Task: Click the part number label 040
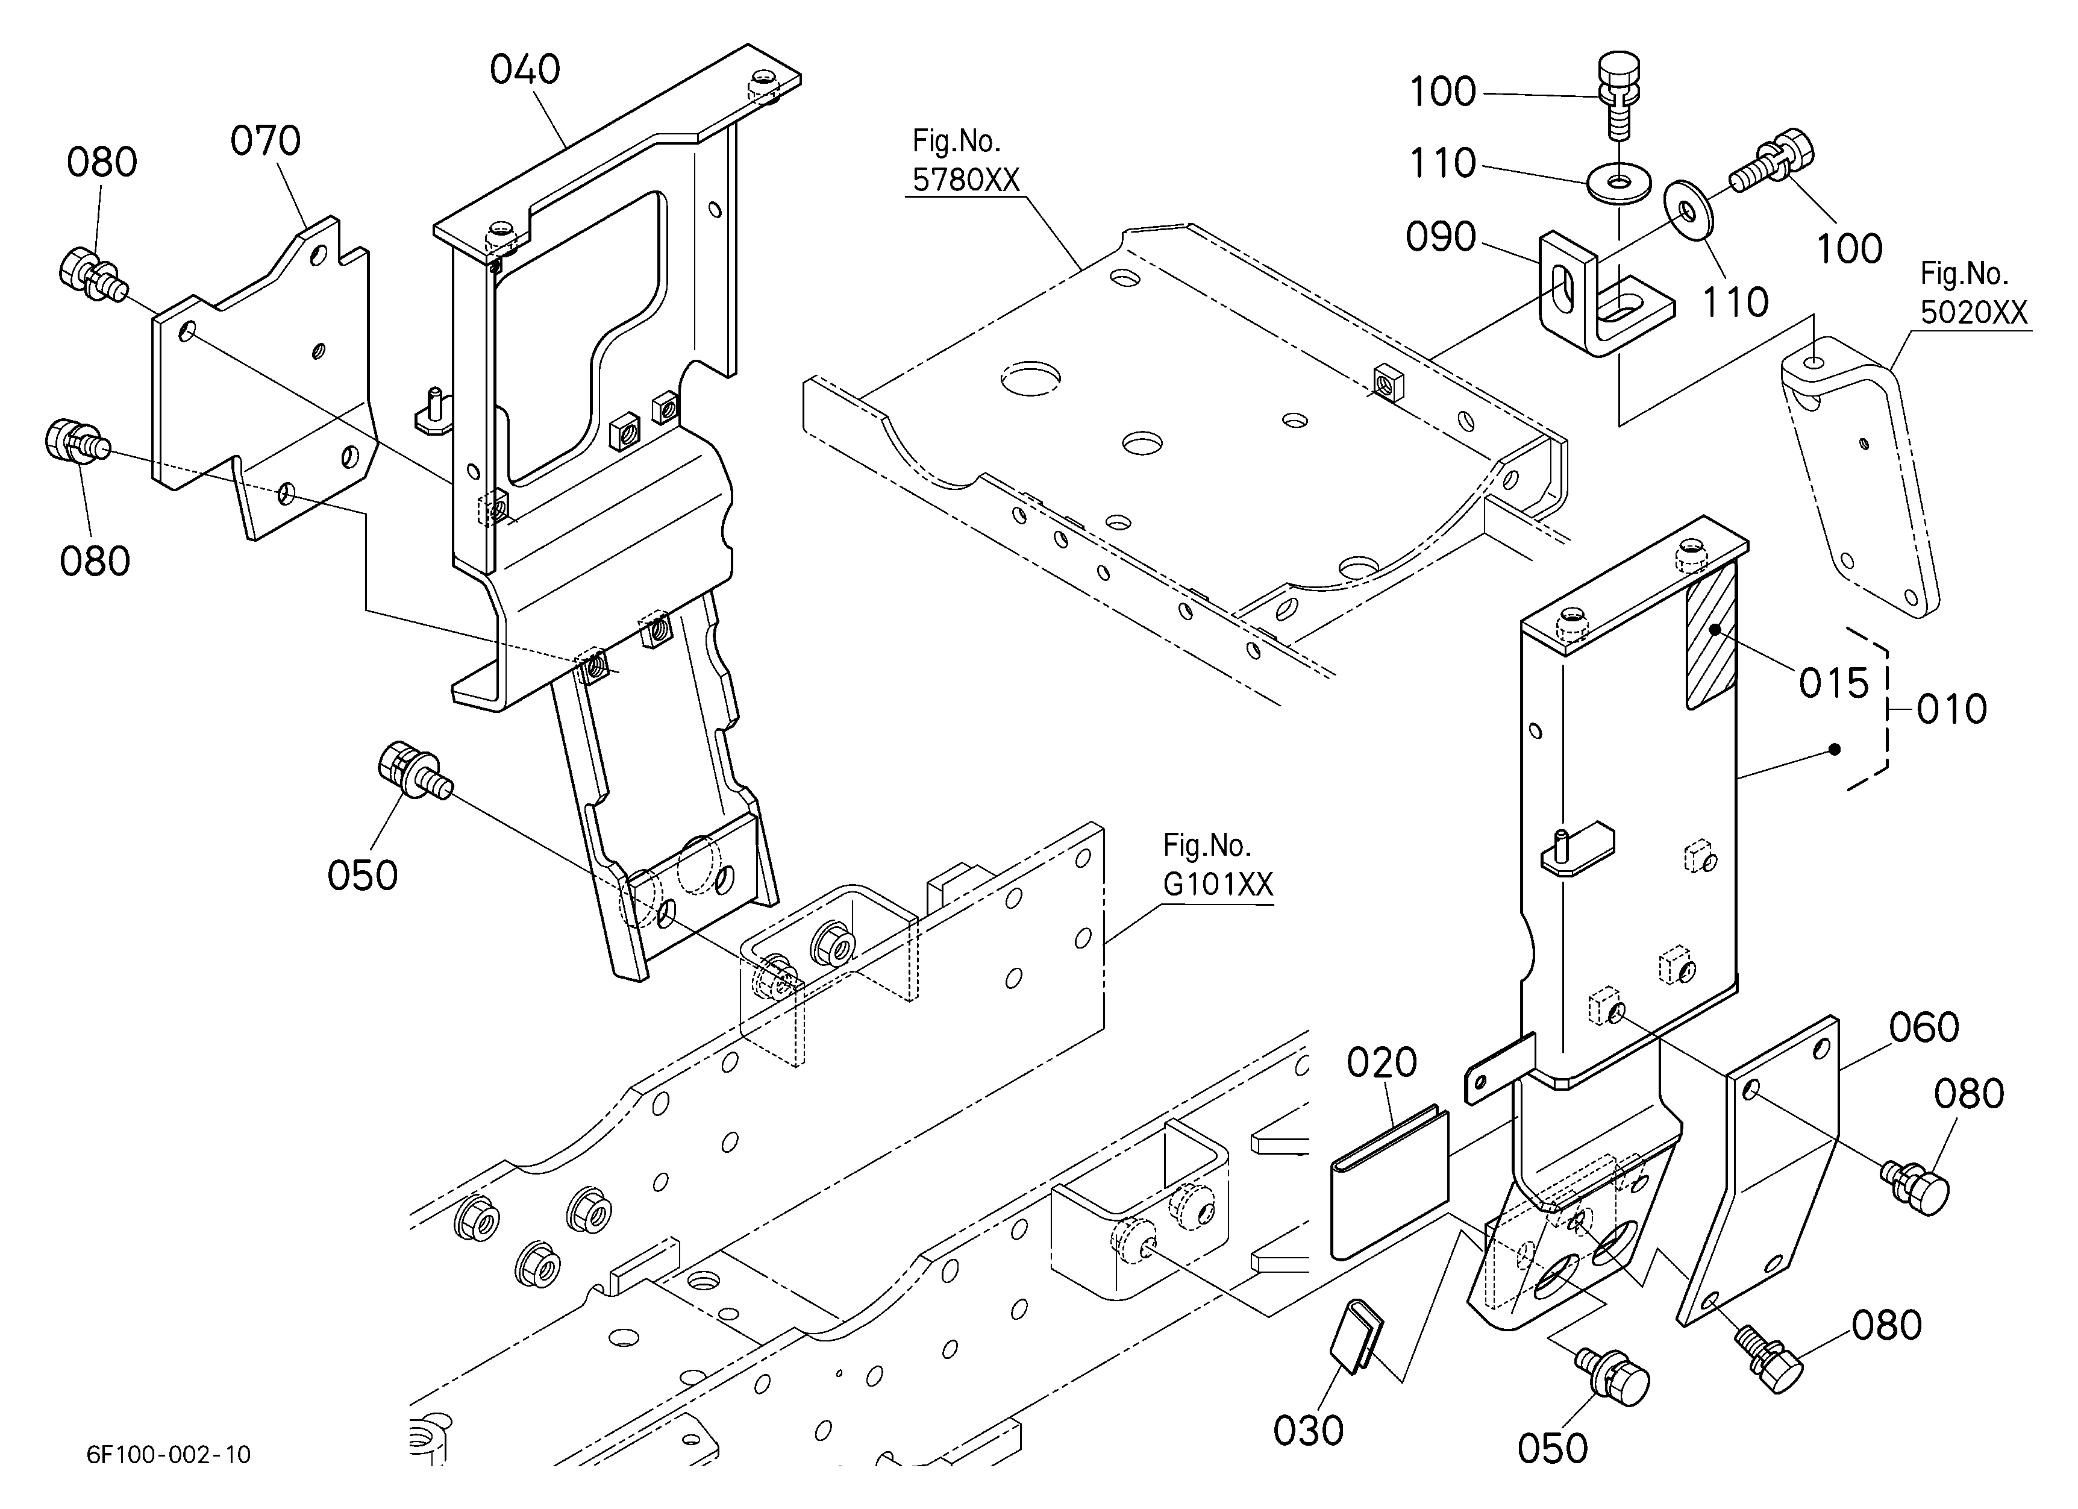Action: tap(525, 70)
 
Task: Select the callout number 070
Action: tap(266, 141)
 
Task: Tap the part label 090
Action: tap(1441, 237)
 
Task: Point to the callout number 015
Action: tap(1833, 683)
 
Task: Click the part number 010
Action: tap(1951, 709)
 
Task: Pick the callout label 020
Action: tap(1382, 1063)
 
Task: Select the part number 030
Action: tap(1309, 1430)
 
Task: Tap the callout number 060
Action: tap(1924, 1027)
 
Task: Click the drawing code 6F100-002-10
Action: tap(169, 1454)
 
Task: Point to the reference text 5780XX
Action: tap(966, 180)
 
